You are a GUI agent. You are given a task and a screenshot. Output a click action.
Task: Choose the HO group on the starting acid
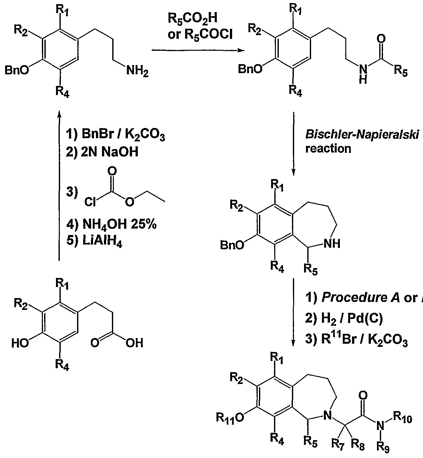coord(20,343)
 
